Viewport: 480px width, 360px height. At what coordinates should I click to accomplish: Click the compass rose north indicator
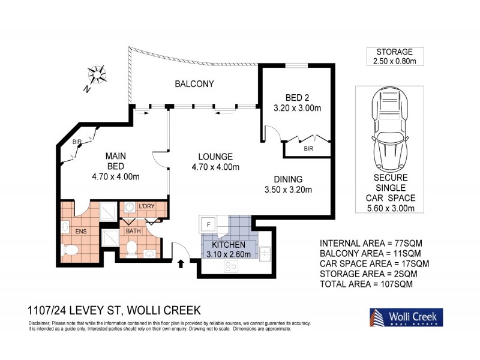pyautogui.click(x=95, y=76)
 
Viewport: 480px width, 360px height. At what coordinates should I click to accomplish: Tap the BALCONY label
pyautogui.click(x=194, y=84)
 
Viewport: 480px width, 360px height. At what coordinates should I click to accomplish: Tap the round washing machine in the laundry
pyautogui.click(x=128, y=209)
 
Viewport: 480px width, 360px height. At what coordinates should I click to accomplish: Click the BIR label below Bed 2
pyautogui.click(x=308, y=148)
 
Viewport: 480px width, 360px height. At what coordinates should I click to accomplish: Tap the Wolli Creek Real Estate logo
pyautogui.click(x=406, y=317)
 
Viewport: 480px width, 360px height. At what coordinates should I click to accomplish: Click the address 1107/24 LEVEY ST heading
pyautogui.click(x=114, y=311)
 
